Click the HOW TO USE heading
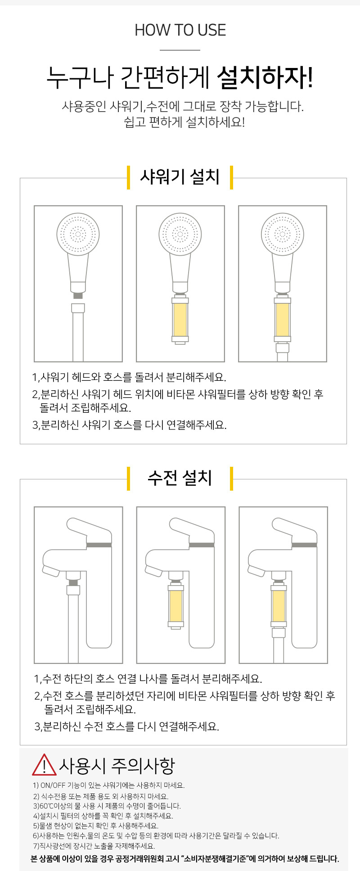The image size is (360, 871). point(180,30)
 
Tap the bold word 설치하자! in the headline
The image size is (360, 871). point(265,78)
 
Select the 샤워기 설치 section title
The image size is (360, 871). point(180,176)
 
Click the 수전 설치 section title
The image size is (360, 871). point(180,478)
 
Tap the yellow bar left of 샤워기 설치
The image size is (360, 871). point(129,177)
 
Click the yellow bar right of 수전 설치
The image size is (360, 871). point(231,478)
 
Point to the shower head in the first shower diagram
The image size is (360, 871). point(78,235)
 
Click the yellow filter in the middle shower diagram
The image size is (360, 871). point(180,320)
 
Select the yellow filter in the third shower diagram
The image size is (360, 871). point(283,320)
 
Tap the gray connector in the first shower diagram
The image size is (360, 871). point(78,295)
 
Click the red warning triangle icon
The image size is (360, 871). point(44,765)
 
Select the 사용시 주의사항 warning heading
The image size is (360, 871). point(117,765)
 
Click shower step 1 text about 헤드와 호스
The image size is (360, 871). point(129,377)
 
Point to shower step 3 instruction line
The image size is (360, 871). point(129,424)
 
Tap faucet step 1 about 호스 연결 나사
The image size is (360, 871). point(148,678)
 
